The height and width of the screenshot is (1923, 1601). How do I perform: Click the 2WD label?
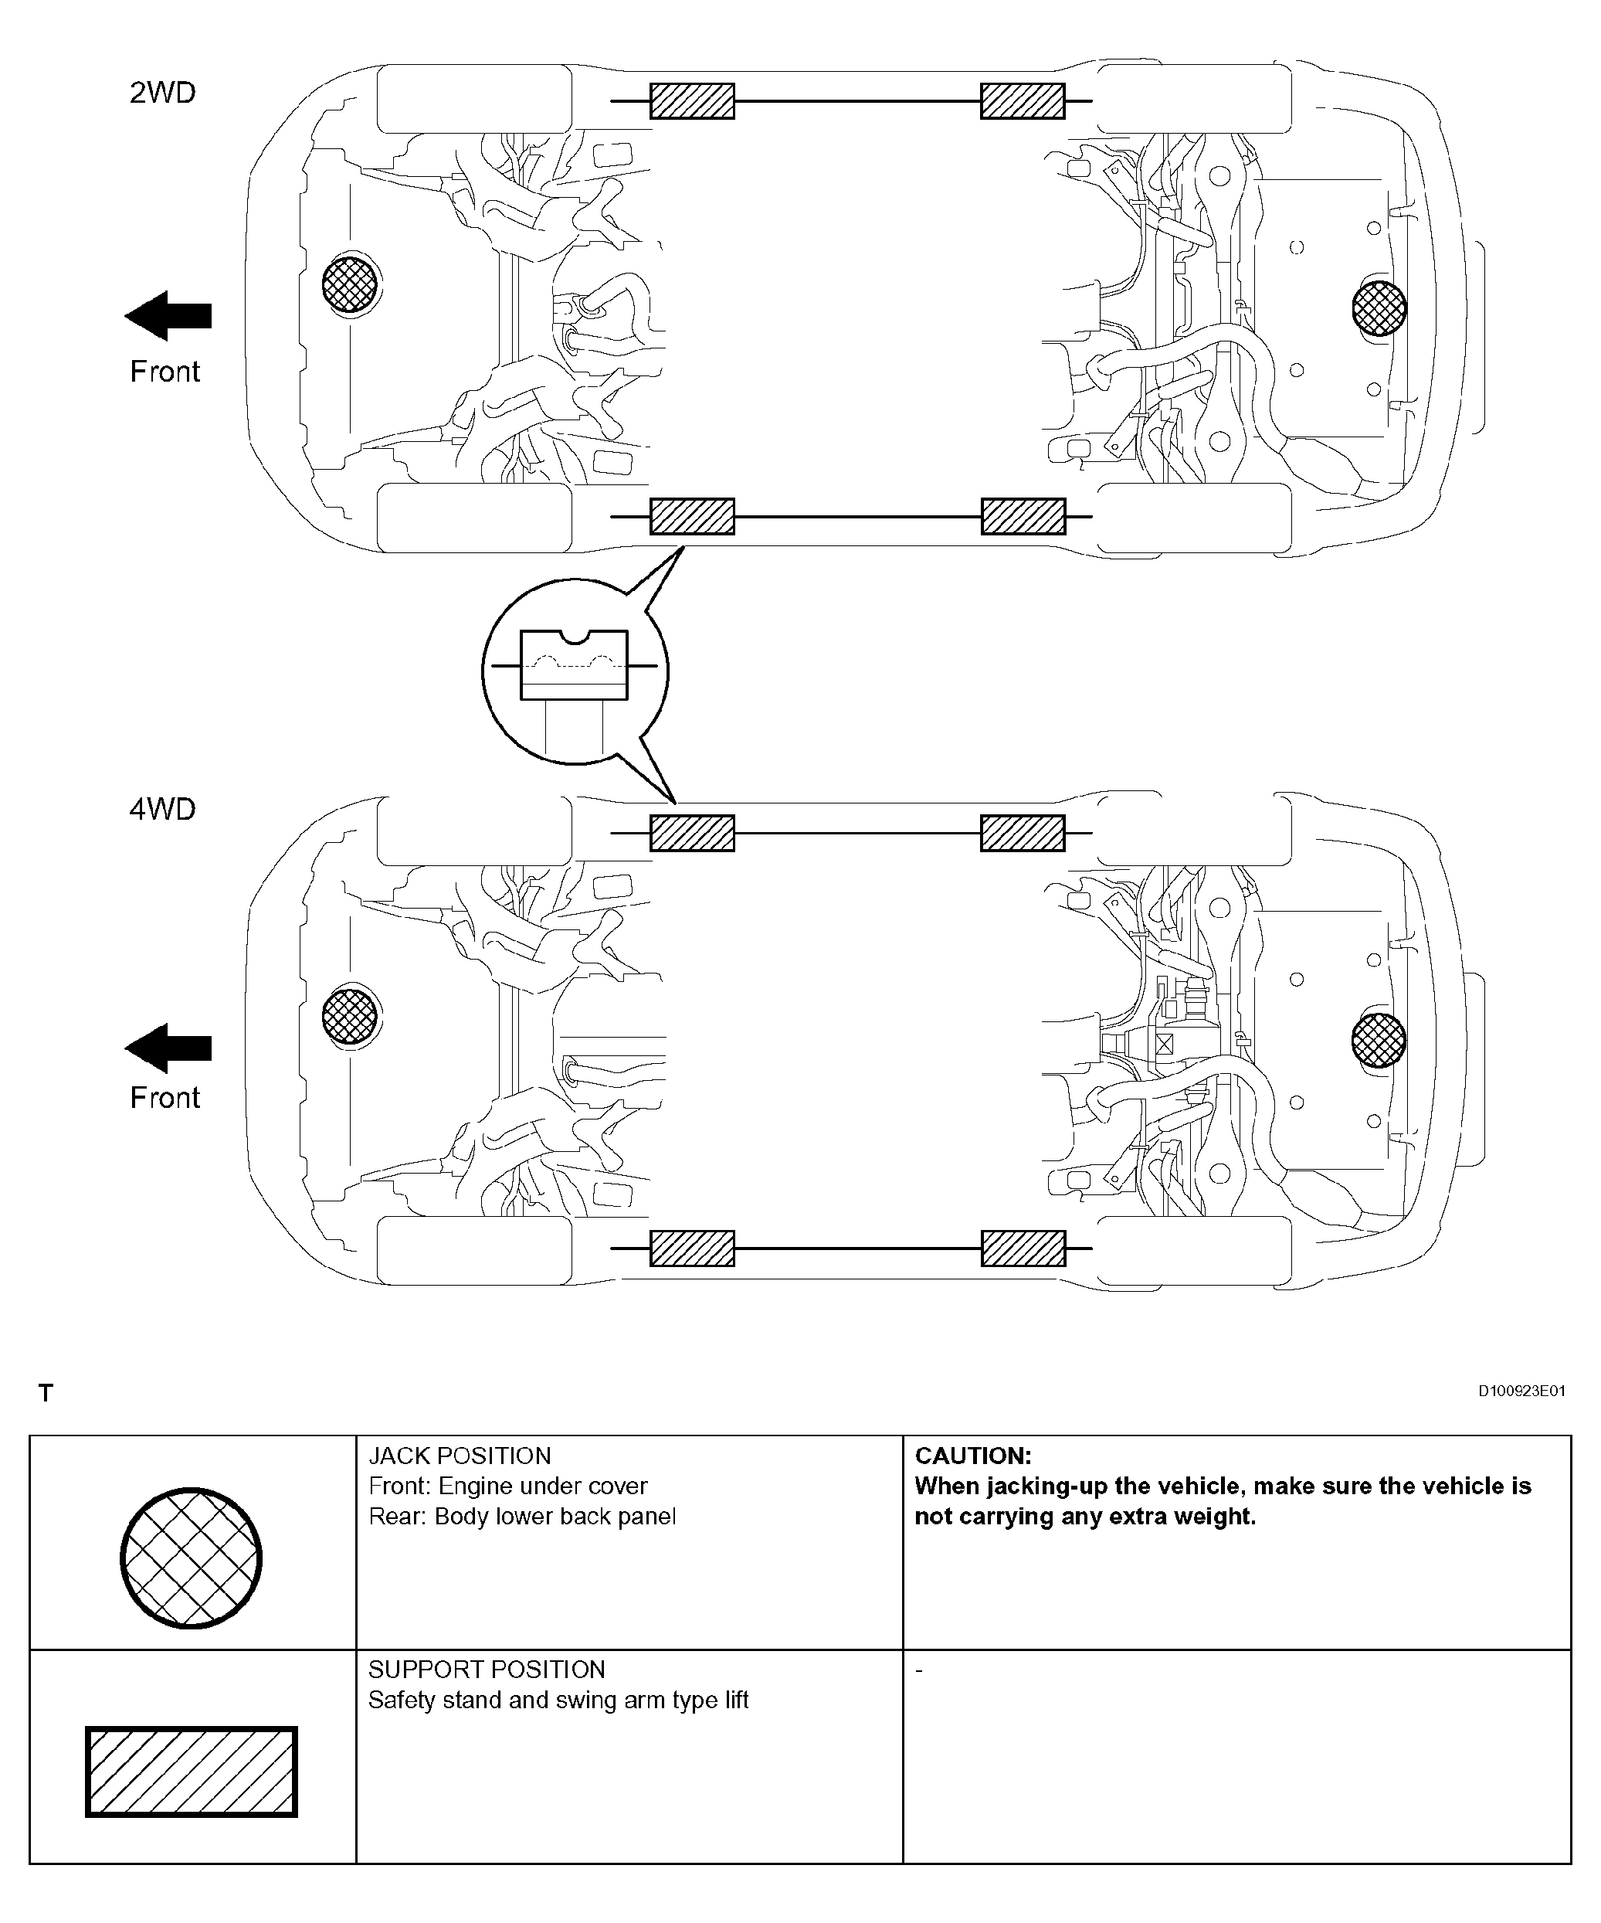(x=162, y=93)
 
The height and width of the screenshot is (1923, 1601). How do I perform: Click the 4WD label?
(x=162, y=810)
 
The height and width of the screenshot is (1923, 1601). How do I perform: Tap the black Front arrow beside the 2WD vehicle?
(x=168, y=316)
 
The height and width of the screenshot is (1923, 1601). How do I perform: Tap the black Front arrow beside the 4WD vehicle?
(x=168, y=1048)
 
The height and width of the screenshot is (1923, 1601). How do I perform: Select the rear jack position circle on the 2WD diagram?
(x=1379, y=307)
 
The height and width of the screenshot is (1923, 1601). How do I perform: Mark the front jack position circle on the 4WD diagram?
(x=350, y=1017)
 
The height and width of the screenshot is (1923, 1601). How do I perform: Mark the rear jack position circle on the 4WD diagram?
(x=1379, y=1040)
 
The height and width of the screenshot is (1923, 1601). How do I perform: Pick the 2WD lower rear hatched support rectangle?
(x=1023, y=516)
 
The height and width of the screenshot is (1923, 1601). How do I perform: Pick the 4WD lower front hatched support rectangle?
(x=692, y=1248)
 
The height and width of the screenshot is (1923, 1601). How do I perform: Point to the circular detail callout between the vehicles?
(x=575, y=671)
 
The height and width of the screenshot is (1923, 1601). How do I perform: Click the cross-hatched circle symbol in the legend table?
(x=192, y=1558)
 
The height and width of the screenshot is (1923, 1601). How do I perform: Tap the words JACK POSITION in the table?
(x=460, y=1456)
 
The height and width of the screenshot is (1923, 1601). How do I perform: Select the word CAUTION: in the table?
(x=973, y=1456)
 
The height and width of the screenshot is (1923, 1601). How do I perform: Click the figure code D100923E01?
(x=1521, y=1391)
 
